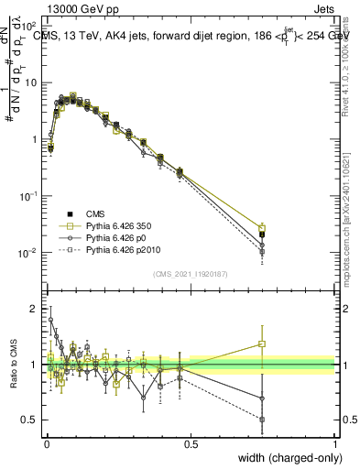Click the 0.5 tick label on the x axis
[x=191, y=443]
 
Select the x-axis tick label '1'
[x=335, y=443]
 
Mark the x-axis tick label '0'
[x=47, y=443]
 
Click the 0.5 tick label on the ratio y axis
[x=30, y=420]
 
